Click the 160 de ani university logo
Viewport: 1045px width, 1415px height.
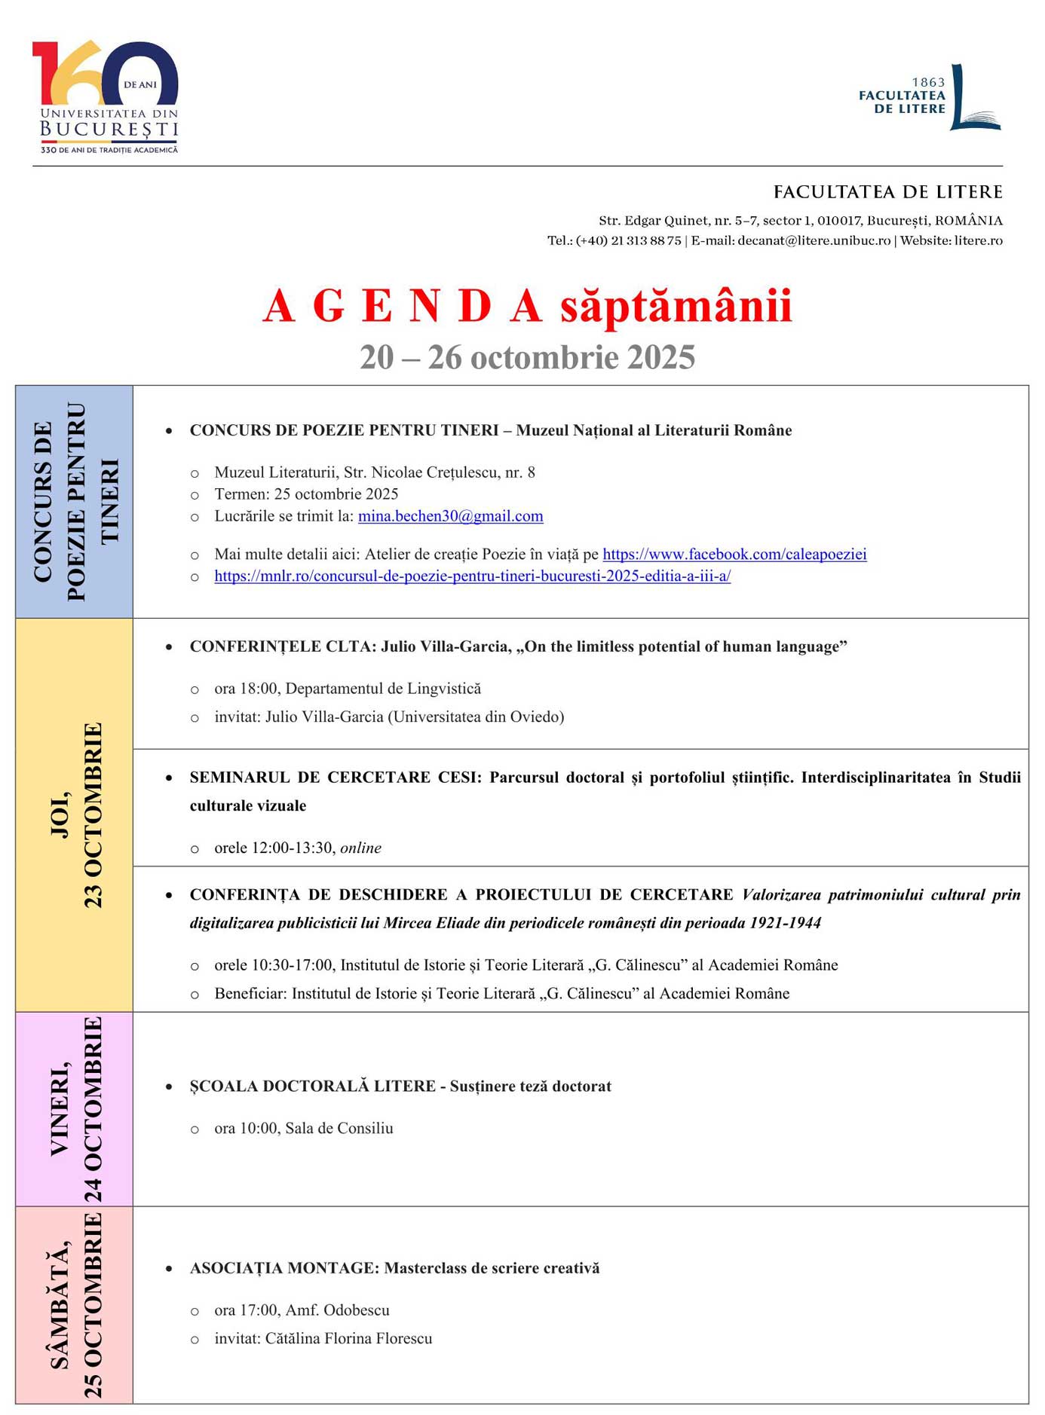(106, 96)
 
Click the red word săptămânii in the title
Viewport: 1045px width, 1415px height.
(676, 307)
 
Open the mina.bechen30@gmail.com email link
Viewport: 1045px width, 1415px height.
(450, 516)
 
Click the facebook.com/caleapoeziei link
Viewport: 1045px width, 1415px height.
(734, 555)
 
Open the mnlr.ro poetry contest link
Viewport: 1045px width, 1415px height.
(472, 576)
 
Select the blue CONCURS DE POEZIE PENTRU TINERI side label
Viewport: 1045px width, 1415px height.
(75, 502)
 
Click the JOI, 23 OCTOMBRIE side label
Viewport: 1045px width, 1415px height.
(75, 815)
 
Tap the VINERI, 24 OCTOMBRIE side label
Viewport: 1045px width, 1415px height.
(75, 1109)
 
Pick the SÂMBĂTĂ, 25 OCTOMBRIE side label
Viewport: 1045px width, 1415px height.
(75, 1305)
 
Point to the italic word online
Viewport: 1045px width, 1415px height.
(360, 848)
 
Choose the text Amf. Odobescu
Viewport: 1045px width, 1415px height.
(337, 1310)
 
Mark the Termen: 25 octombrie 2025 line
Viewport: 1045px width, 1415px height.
(306, 494)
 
